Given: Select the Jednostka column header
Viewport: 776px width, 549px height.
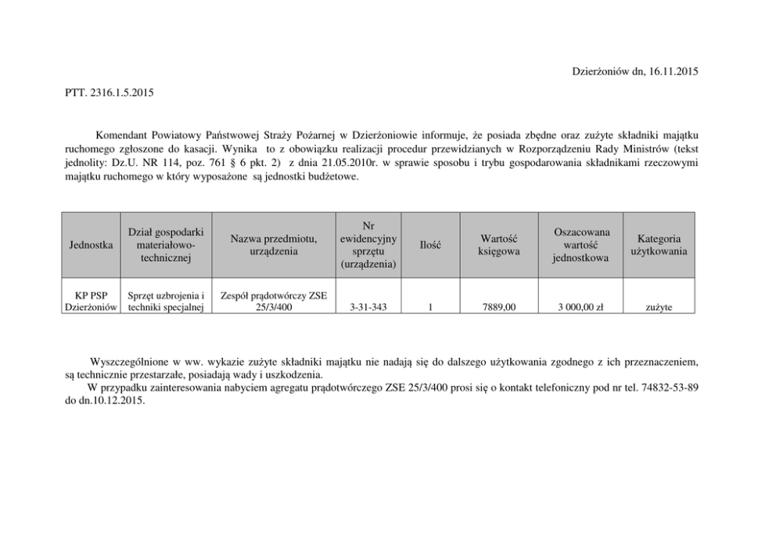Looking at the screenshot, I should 90,245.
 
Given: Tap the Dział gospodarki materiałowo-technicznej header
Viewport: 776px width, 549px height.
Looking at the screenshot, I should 166,245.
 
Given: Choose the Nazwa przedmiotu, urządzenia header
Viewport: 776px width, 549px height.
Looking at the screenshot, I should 274,245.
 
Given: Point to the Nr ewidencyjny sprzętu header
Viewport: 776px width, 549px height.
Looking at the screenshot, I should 368,245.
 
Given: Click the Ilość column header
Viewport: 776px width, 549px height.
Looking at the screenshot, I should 430,245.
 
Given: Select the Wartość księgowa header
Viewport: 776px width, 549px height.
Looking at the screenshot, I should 499,245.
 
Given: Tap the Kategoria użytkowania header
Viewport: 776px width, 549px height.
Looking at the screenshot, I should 659,245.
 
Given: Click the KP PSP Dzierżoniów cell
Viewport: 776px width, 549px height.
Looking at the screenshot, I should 91,302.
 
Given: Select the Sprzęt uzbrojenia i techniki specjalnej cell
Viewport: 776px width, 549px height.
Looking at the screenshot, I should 166,302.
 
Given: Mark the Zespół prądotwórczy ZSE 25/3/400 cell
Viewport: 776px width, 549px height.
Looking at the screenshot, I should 274,302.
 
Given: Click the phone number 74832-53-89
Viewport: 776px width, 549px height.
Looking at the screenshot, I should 670,388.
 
